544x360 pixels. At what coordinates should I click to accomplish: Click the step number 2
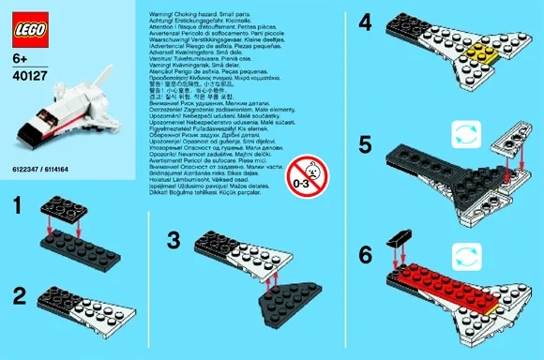pyautogui.click(x=19, y=297)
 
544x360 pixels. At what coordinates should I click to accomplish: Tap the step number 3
pyautogui.click(x=174, y=239)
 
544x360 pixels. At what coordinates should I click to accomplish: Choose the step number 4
pyautogui.click(x=367, y=21)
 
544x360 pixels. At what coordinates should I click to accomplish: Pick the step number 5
pyautogui.click(x=367, y=144)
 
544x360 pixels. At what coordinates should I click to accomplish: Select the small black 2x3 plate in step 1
pyautogui.click(x=64, y=204)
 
